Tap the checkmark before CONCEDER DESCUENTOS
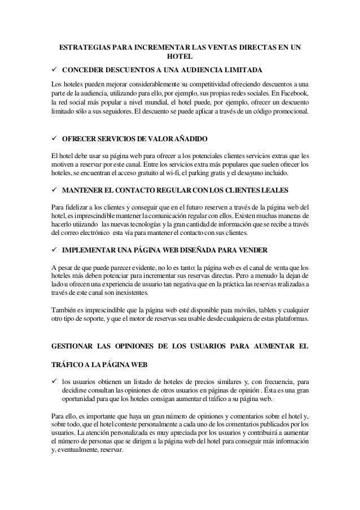point(53,70)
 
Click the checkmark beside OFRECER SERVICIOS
point(53,138)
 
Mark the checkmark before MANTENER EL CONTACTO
point(53,188)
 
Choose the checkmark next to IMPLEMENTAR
point(53,249)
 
